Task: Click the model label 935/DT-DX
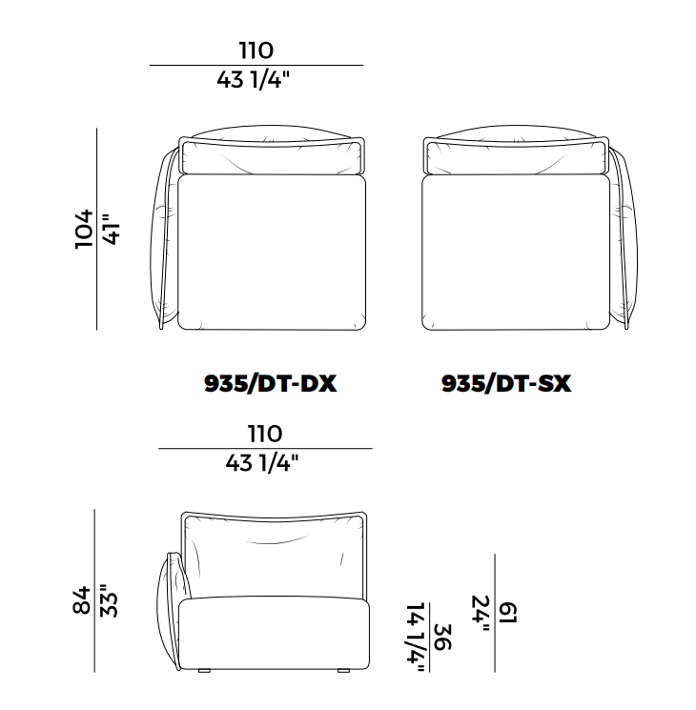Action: click(270, 383)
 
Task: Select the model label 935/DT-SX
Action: click(506, 383)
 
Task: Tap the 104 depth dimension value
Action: click(84, 229)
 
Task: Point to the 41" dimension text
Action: click(112, 230)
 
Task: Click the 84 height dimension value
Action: click(82, 600)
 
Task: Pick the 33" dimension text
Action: click(109, 600)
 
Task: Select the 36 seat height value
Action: click(442, 638)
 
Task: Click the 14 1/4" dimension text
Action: click(416, 638)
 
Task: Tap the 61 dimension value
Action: click(508, 613)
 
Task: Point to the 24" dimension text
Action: click(481, 614)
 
